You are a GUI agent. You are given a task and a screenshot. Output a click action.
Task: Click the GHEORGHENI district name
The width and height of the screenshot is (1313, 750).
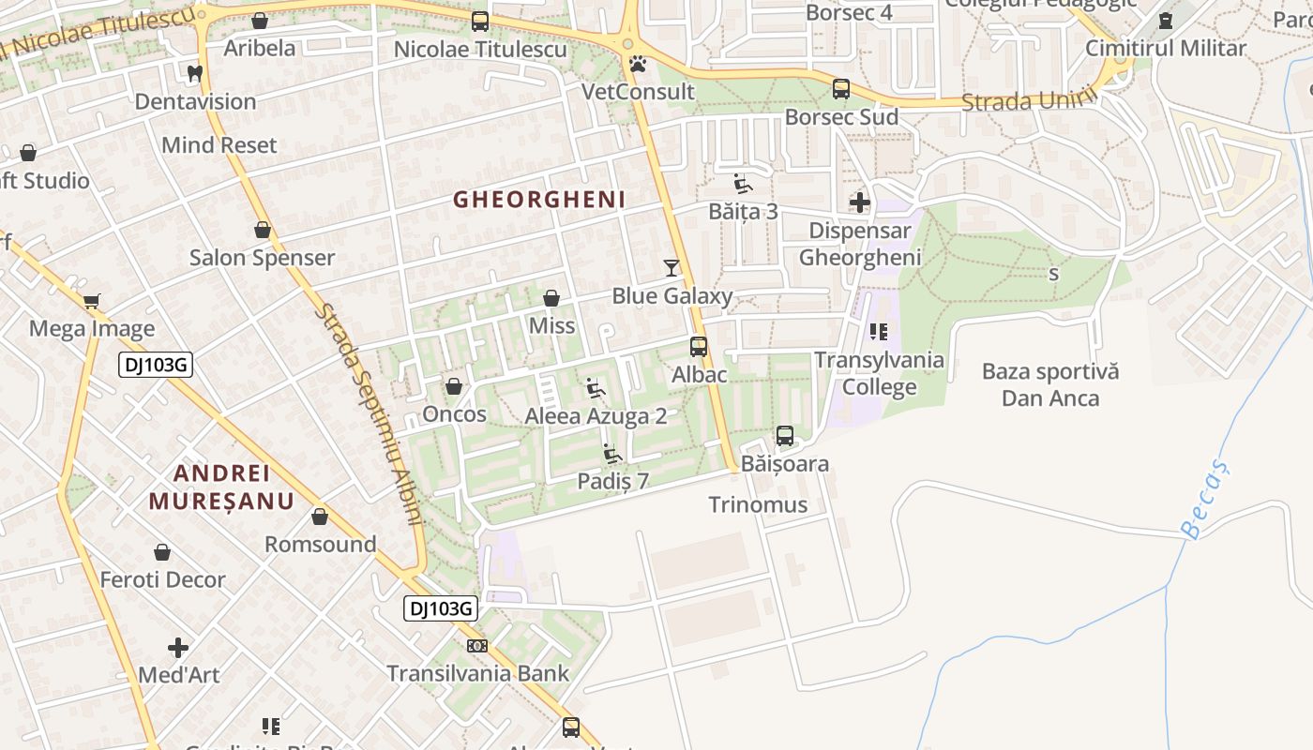[x=539, y=199]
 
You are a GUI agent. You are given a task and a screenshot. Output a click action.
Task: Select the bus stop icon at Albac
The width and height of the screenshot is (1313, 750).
[x=699, y=347]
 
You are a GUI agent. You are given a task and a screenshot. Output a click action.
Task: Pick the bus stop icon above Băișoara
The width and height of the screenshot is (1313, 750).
[x=785, y=436]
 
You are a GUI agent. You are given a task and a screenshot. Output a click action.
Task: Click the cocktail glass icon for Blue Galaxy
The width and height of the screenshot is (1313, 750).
[x=671, y=268]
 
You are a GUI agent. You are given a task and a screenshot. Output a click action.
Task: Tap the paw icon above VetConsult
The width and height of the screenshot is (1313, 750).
[x=638, y=64]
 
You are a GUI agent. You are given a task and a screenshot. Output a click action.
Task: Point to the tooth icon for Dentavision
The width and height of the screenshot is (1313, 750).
[x=195, y=73]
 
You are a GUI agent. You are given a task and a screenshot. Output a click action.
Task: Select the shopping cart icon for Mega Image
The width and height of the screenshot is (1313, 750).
[x=91, y=301]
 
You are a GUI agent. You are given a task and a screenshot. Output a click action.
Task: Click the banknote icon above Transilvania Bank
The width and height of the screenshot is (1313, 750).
[x=477, y=646]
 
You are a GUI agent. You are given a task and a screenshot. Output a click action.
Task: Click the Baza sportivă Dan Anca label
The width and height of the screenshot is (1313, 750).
[x=1050, y=384]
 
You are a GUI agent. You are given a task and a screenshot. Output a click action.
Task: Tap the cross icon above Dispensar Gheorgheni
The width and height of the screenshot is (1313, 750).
[x=859, y=202]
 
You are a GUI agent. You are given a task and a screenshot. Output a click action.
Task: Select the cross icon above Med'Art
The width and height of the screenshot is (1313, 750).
[x=178, y=648]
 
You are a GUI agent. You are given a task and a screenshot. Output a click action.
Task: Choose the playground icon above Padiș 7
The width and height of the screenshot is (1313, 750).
[x=612, y=454]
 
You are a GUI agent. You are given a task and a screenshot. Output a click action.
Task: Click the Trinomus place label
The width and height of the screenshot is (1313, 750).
[x=758, y=504]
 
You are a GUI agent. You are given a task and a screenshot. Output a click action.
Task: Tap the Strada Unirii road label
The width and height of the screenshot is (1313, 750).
[x=1029, y=98]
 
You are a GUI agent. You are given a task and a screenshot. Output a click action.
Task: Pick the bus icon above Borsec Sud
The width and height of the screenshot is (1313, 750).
[x=841, y=89]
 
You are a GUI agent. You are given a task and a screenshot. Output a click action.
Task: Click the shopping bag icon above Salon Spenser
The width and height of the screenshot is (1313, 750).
[x=263, y=230]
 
